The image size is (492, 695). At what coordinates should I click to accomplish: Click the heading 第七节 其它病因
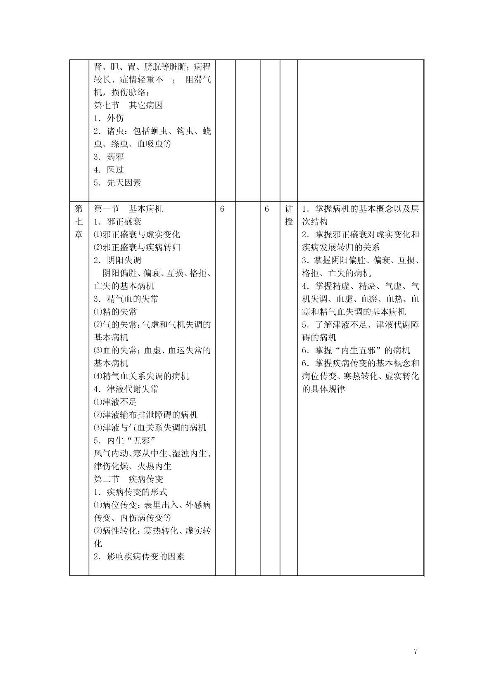coord(128,105)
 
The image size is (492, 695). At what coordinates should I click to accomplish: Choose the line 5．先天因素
coord(118,182)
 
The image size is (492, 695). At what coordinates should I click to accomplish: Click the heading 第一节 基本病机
coord(128,209)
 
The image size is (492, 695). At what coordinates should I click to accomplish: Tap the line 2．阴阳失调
coord(118,260)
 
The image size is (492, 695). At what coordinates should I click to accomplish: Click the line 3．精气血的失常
coord(126,299)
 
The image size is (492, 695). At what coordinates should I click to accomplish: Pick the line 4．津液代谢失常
coord(126,389)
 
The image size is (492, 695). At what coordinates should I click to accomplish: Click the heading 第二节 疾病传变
coord(128,479)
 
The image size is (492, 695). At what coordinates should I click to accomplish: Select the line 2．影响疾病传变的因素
coord(139,556)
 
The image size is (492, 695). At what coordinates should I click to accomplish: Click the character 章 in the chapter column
coord(79,234)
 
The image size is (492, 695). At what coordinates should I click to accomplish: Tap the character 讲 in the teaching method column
coord(289,209)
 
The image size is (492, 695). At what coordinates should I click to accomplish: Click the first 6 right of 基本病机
coord(222,209)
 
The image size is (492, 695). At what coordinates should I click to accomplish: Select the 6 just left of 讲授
coord(267,209)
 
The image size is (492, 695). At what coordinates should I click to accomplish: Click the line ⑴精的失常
coord(115,312)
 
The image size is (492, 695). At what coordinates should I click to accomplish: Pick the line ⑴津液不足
coord(115,402)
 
